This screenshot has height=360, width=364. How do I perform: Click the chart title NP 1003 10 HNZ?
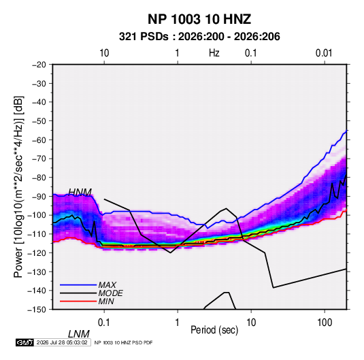[199, 19]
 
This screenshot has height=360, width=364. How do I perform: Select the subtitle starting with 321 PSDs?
[199, 37]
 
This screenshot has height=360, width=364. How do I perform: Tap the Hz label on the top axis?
[214, 53]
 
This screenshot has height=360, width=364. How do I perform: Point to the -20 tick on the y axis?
[39, 65]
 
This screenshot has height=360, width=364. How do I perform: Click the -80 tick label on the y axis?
[39, 178]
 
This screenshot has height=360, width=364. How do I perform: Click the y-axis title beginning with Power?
[18, 186]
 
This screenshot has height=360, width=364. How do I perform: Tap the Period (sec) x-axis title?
[214, 330]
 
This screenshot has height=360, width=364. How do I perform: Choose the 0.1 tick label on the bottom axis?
[104, 323]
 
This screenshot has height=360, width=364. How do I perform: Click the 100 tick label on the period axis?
[325, 323]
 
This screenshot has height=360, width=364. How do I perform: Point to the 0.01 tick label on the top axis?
[324, 53]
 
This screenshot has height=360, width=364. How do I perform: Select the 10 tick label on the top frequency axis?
[104, 53]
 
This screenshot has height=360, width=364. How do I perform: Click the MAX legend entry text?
[107, 284]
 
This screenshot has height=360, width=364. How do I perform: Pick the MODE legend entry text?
[110, 293]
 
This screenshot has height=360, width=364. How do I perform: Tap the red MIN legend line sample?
[78, 301]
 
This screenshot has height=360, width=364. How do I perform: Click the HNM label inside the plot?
[80, 192]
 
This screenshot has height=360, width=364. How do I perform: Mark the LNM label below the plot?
[79, 334]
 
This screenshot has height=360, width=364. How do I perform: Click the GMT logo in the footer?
[25, 342]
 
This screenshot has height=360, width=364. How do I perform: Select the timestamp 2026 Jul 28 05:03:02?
[62, 342]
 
